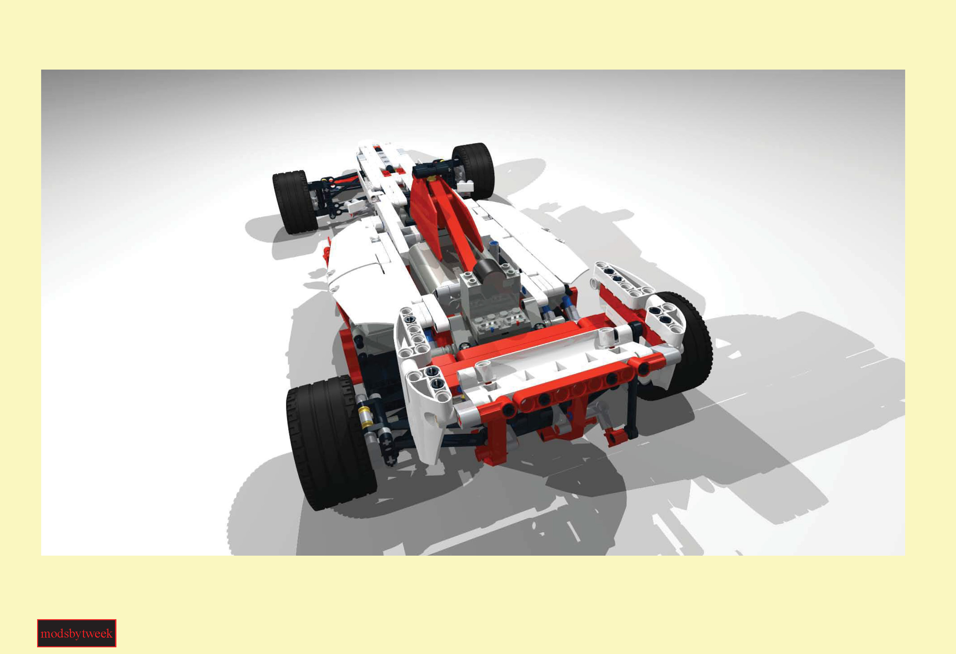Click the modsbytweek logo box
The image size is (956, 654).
(77, 633)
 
